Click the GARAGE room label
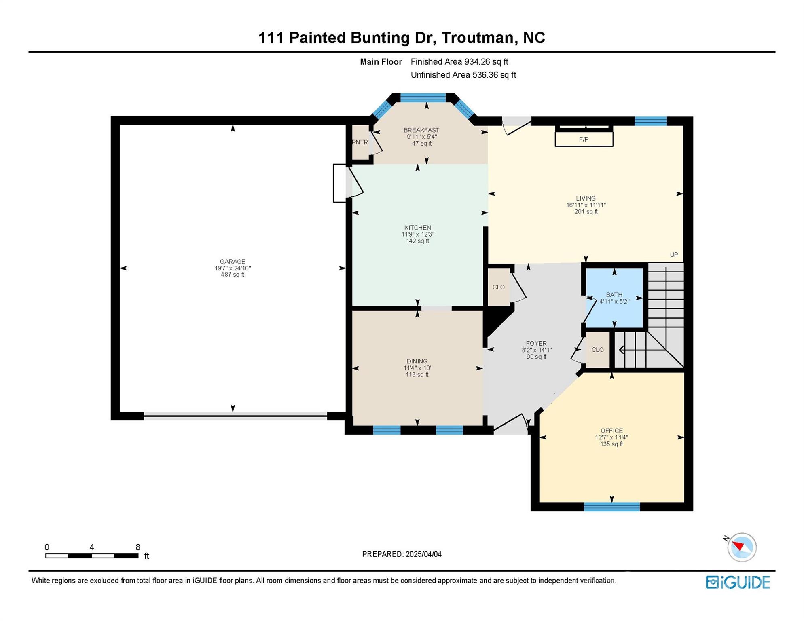tap(233, 262)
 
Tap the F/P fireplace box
tap(584, 139)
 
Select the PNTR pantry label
tap(360, 142)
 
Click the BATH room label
tap(614, 295)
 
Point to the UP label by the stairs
tap(674, 255)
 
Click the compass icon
tap(742, 547)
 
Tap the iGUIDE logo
tap(738, 582)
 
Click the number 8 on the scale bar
tap(138, 547)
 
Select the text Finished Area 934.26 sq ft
tap(459, 62)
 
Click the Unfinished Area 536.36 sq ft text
tap(463, 75)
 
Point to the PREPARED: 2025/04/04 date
tap(402, 554)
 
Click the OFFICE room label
tap(611, 431)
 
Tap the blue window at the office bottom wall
tap(611, 507)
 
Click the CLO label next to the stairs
tap(597, 350)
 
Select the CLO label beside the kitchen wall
tap(498, 287)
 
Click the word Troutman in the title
tap(477, 38)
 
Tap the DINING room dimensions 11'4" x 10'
tap(417, 368)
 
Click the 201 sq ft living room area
tap(586, 212)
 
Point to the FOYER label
tap(536, 343)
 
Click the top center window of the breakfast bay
tap(423, 97)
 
